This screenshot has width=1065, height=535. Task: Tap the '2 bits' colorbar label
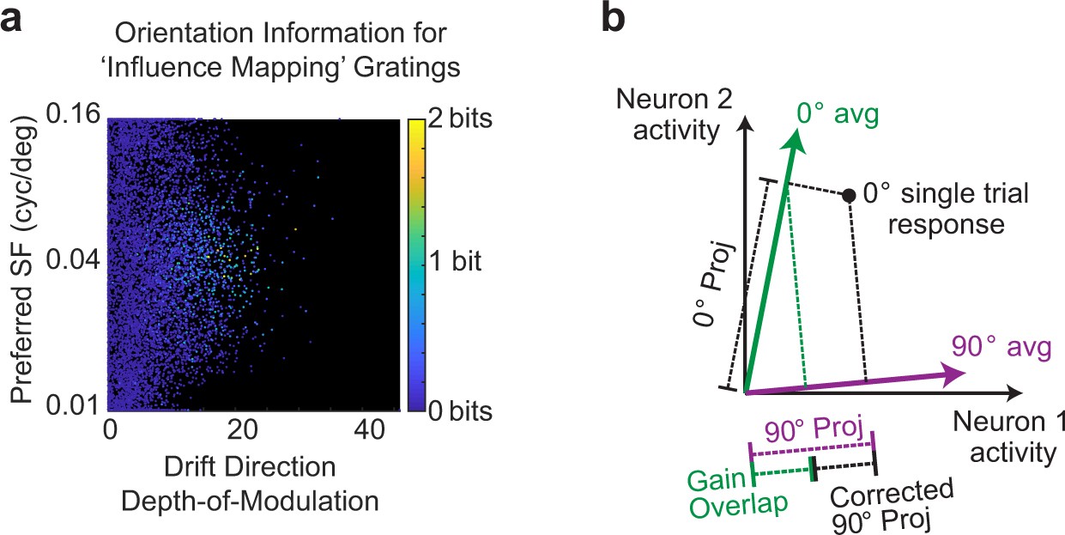click(461, 119)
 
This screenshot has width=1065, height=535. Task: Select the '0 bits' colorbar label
click(461, 411)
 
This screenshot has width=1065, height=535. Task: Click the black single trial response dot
click(849, 196)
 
